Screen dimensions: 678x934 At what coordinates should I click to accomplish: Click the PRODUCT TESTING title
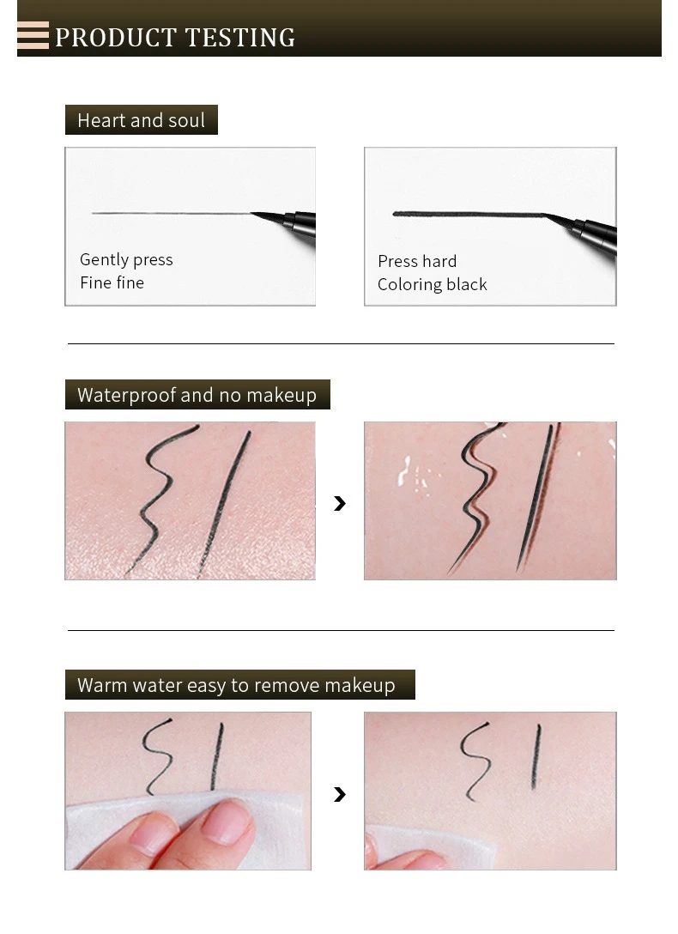(175, 38)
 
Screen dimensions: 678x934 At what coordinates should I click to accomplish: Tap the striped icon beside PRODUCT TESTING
(33, 35)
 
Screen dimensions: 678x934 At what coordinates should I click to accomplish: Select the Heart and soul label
(141, 120)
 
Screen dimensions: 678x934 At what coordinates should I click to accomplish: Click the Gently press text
(126, 260)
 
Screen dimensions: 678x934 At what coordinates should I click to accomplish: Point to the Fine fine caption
(112, 282)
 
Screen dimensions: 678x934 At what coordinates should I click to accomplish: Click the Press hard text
(417, 261)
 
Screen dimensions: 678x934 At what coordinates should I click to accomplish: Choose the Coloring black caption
(433, 285)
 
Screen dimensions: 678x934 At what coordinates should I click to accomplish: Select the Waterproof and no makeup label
(197, 394)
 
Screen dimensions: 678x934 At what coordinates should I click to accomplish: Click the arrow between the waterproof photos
(340, 503)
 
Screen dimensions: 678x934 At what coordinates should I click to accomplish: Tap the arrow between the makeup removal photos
(340, 794)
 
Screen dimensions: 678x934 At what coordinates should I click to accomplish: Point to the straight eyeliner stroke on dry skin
(224, 503)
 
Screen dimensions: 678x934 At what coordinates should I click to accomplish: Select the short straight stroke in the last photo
(536, 757)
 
